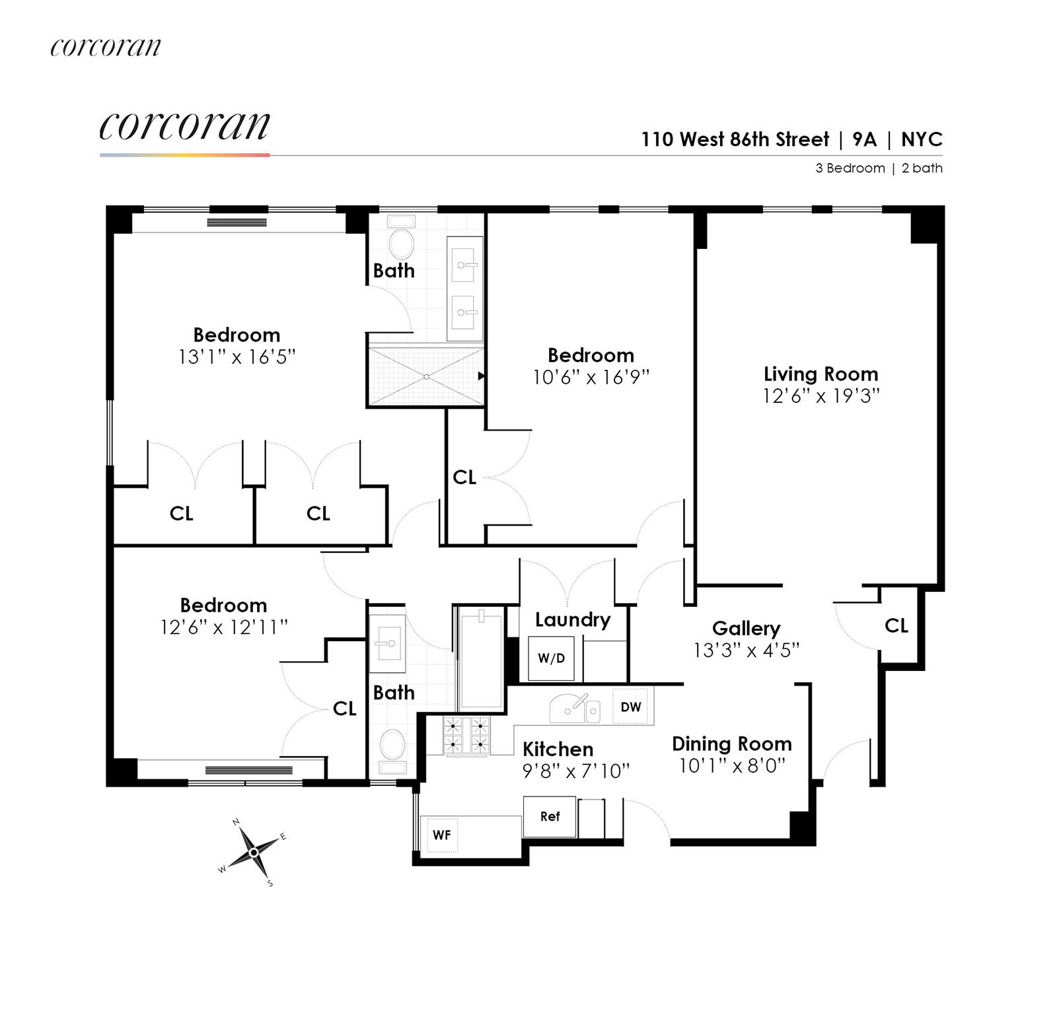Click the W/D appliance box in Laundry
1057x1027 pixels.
coord(551,658)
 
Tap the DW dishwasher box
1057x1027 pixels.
coord(631,707)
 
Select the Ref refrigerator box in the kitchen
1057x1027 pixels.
coord(550,816)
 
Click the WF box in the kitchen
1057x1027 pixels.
coord(441,835)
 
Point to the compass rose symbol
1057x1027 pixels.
coord(254,853)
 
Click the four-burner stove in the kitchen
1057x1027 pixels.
coord(466,736)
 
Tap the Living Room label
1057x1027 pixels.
coord(820,374)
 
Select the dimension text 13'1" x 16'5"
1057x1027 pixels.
coord(237,357)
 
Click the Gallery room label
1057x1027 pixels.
coord(746,628)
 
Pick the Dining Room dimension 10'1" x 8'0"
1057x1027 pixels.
coord(732,766)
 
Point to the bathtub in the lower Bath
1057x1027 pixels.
coord(481,660)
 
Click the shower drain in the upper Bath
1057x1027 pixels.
coord(427,377)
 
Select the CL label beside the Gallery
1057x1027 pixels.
coord(896,625)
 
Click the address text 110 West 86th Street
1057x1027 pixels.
coord(735,139)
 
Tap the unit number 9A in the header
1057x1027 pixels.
coord(864,139)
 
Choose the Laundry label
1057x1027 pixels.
coord(572,620)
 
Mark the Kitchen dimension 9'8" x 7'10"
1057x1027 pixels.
coord(576,771)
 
